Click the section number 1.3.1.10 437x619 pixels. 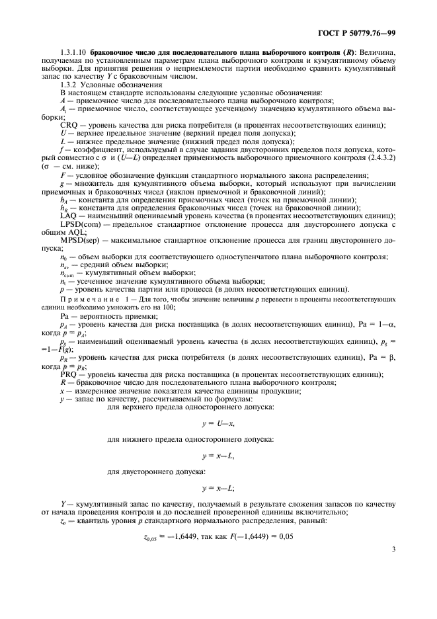(73, 69)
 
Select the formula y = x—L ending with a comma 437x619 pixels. (218, 456)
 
